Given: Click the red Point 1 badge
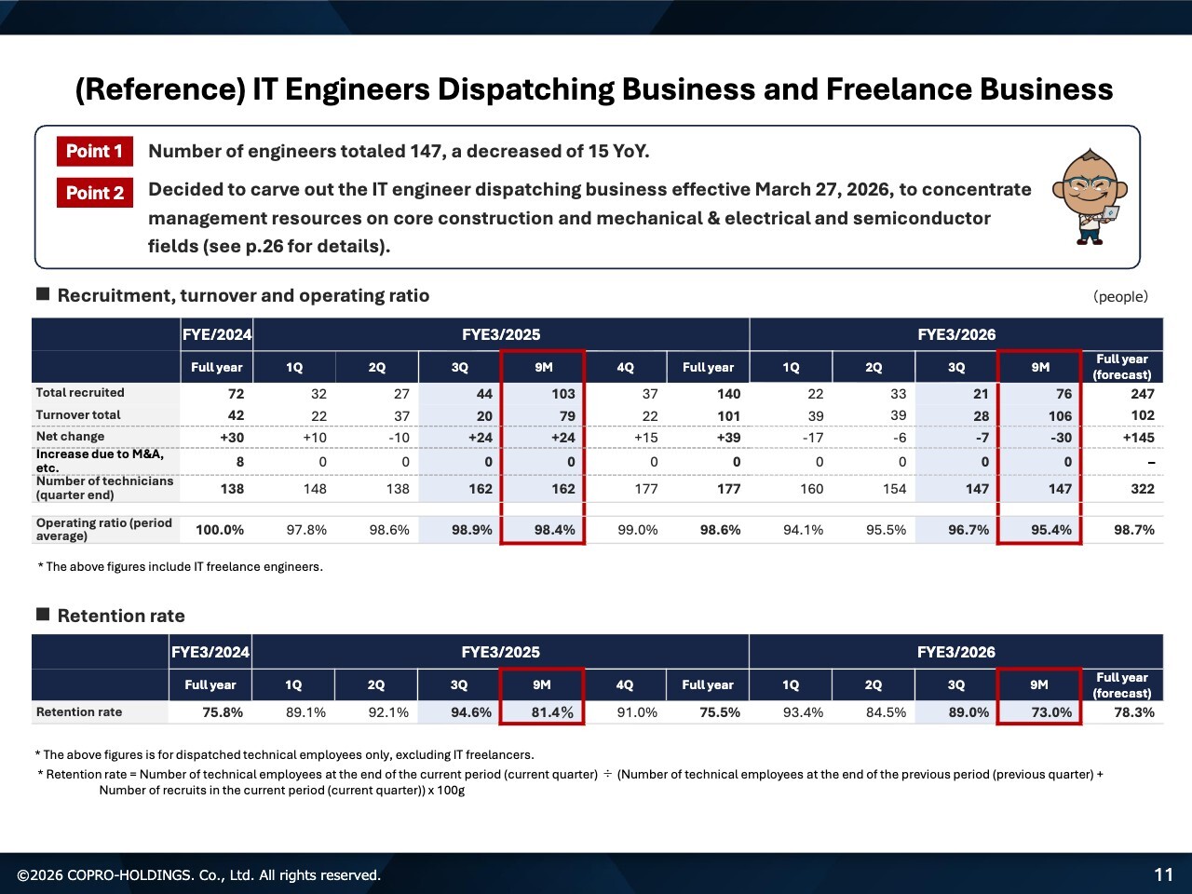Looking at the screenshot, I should (94, 151).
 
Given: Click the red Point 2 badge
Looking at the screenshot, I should (94, 193).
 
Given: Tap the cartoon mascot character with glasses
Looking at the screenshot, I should (1090, 196).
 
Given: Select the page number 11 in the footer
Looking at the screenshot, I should (1163, 874).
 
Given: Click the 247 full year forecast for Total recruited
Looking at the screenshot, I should (1142, 394).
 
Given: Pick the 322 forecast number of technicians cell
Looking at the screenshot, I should (1142, 489).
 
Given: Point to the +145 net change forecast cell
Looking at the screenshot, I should (1138, 438).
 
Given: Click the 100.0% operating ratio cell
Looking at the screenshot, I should (220, 530).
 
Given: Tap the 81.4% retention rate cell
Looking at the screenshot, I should (552, 712).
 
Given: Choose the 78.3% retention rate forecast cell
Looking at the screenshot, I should (1133, 712).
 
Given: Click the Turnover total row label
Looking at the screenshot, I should (78, 415).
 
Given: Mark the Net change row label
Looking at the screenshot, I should (70, 437).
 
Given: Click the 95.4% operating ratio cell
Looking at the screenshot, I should (1050, 530).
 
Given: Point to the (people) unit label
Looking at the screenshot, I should (1120, 297).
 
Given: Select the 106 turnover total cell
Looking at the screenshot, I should (1060, 416).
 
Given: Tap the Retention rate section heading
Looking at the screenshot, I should (121, 616).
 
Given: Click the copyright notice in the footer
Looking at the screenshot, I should (198, 875).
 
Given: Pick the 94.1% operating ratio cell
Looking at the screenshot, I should (803, 530).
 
